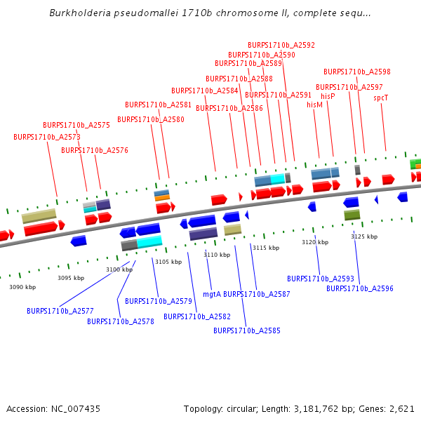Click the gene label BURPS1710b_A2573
pos(47,137)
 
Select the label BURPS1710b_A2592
pos(281,45)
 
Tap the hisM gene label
pos(315,105)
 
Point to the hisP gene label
pos(328,96)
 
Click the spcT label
pos(381,98)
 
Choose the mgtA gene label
pos(211,294)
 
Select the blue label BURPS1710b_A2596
pos(360,288)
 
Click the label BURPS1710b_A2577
pos(60,311)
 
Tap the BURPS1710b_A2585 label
pos(247,330)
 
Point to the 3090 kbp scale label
pos(22,287)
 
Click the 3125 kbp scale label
pos(364,236)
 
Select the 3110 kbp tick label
pos(217,255)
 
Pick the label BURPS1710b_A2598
pos(357,72)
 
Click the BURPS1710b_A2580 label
pos(151,119)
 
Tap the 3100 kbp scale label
pos(119,269)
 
